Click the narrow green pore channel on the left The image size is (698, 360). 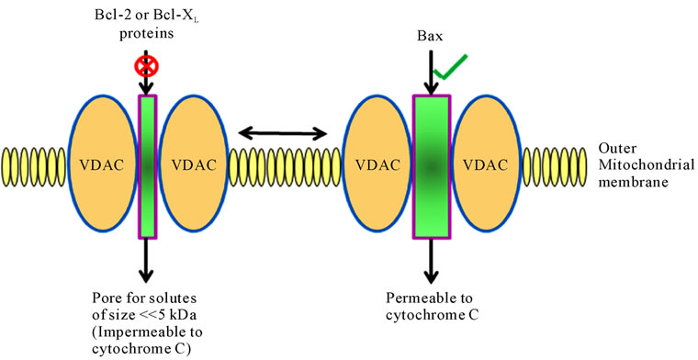pyautogui.click(x=148, y=165)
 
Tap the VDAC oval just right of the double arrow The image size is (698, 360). pyautogui.click(x=377, y=166)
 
